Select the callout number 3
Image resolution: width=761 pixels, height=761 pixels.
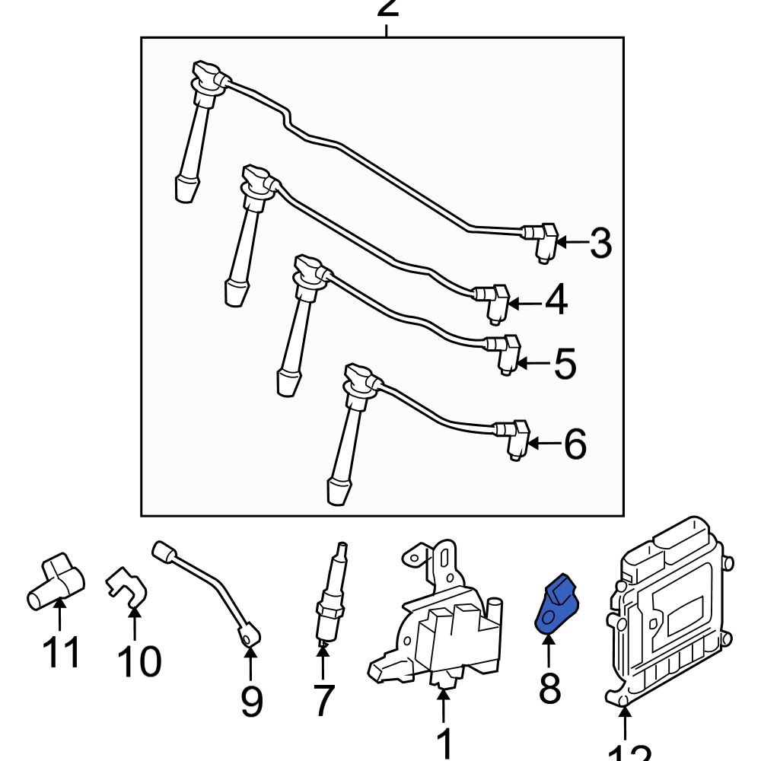(x=600, y=244)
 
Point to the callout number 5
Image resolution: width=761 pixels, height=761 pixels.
(x=565, y=365)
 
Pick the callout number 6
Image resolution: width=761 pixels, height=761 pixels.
(x=575, y=444)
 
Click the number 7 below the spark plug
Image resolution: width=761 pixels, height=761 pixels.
(x=323, y=700)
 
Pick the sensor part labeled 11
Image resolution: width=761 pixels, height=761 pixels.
(x=55, y=582)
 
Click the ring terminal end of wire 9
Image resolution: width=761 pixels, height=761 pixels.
(x=249, y=635)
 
